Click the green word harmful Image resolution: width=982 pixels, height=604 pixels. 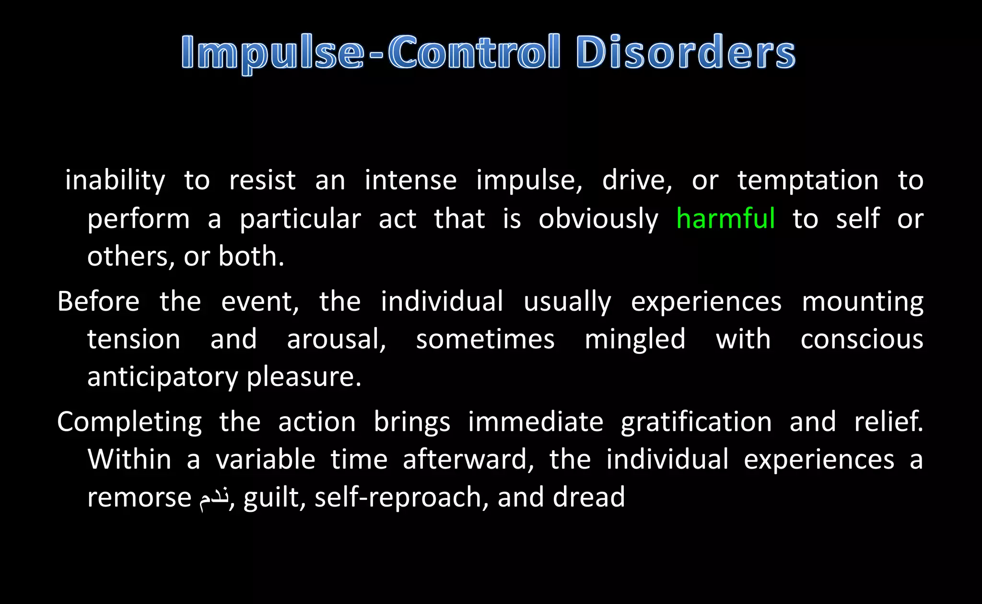tap(725, 219)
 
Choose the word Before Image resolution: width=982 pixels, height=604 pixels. tap(98, 302)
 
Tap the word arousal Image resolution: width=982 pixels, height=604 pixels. tap(336, 339)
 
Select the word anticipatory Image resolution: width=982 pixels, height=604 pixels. tap(163, 377)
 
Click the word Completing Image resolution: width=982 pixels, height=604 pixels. tap(129, 423)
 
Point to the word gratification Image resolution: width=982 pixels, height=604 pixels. tap(696, 423)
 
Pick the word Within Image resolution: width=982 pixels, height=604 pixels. tap(129, 459)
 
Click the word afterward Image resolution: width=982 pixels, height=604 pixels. tap(468, 459)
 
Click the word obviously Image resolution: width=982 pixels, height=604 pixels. tap(598, 220)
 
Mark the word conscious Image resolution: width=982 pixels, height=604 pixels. tap(862, 339)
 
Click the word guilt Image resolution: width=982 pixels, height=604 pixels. tap(274, 497)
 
